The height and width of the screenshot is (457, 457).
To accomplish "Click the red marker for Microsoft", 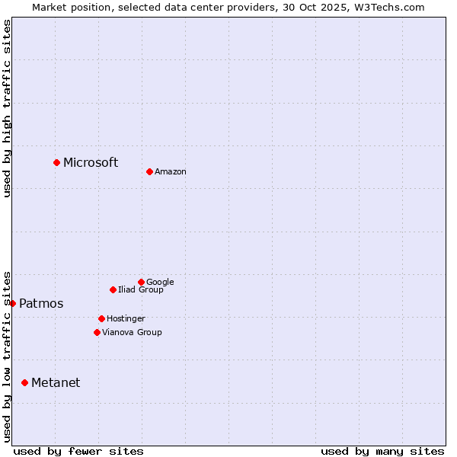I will coord(56,162).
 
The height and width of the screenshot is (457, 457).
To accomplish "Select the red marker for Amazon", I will coord(149,171).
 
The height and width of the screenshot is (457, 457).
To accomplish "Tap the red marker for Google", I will coord(141,282).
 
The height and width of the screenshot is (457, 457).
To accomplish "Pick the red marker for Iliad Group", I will coord(113,289).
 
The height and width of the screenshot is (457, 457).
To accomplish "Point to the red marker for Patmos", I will coord(12,303).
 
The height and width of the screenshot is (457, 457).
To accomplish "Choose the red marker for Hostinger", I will coord(101,318).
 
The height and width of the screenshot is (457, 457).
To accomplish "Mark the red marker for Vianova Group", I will coord(97,332).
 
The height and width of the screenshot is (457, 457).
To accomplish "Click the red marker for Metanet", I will coord(24,382).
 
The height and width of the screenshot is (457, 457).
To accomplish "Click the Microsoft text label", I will coord(91,162).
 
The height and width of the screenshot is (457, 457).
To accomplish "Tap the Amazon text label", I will coord(171,172).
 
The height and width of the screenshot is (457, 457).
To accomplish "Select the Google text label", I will coord(160,283).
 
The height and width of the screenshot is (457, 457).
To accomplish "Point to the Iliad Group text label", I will coord(141,290).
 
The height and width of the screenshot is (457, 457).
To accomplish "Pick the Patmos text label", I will coord(41,304).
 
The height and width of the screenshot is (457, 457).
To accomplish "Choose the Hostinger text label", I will coord(126,319).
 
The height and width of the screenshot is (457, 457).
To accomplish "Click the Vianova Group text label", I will coord(132,333).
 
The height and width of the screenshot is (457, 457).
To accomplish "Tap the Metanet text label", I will coord(56,383).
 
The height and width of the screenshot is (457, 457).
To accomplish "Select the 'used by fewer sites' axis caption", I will coord(78,451).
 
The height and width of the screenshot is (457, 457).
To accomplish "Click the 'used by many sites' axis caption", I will coord(382,451).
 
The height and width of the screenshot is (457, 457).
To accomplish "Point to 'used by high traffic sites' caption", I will coord(8,108).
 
